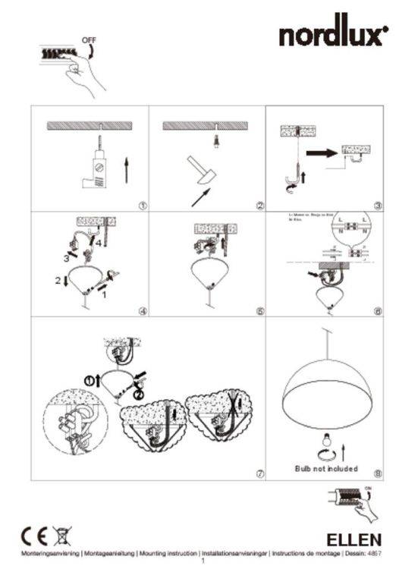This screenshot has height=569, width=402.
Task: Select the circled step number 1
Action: pos(142,205)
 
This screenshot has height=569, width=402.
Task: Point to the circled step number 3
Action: pos(378,205)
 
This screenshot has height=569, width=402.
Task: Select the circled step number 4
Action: pos(142,310)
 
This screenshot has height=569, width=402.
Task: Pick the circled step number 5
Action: pos(260,310)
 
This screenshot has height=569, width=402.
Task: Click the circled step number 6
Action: pos(378,310)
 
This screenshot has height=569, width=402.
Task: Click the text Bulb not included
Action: pos(326,469)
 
